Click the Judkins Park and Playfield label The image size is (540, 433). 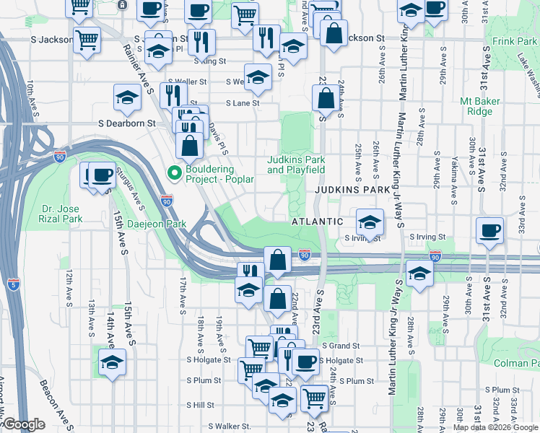tap(296, 165)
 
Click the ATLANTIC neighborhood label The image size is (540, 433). tap(317, 222)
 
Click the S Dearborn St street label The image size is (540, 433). tap(127, 123)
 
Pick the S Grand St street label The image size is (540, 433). tap(340, 346)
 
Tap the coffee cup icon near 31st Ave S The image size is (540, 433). tap(490, 230)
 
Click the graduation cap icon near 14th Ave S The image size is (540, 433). tap(112, 362)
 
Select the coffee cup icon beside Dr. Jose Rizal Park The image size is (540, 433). tap(102, 175)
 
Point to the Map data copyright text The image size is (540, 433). tap(495, 427)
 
